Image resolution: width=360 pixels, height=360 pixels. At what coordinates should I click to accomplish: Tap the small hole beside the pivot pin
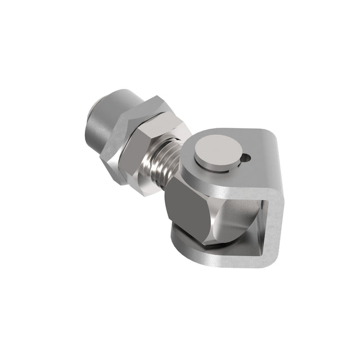pyautogui.click(x=245, y=160)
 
